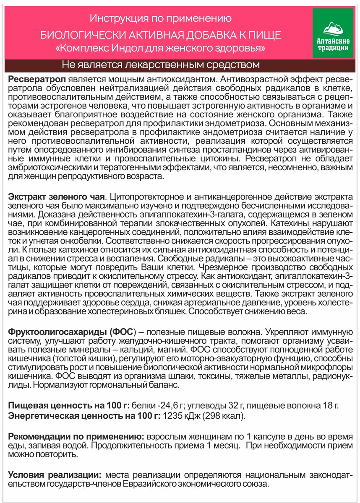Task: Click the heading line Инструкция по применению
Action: point(160,18)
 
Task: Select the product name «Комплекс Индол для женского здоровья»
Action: point(160,48)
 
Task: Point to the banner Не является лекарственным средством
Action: point(160,65)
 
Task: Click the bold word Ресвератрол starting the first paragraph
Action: point(36,80)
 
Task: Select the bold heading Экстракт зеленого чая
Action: point(56,197)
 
